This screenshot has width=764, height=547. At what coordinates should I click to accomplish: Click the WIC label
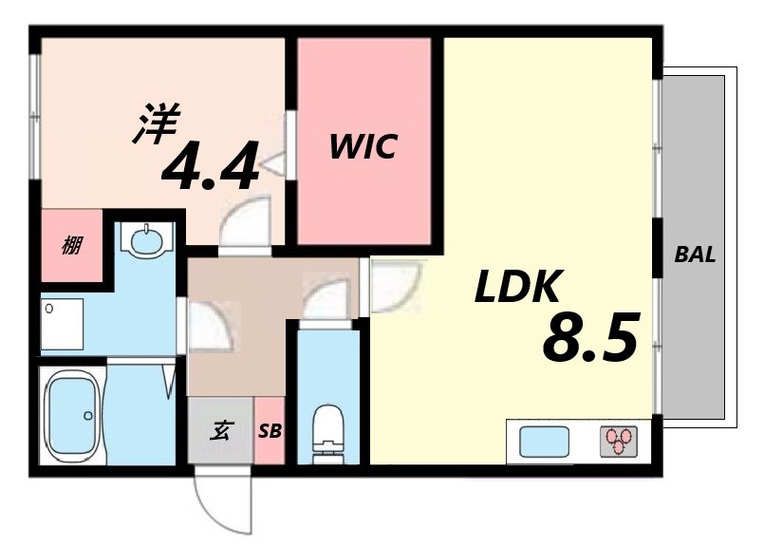(x=363, y=147)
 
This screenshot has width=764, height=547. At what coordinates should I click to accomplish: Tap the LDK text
(x=519, y=286)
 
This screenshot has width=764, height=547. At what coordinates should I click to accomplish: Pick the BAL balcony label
(x=695, y=255)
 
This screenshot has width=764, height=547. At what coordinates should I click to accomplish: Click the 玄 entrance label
(x=220, y=430)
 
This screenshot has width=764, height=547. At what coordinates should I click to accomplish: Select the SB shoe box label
(x=270, y=430)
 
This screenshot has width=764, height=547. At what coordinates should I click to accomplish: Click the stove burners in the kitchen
(x=619, y=441)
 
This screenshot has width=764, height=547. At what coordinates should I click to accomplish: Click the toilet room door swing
(x=325, y=296)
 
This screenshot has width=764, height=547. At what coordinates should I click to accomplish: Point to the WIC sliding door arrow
(x=272, y=163)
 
